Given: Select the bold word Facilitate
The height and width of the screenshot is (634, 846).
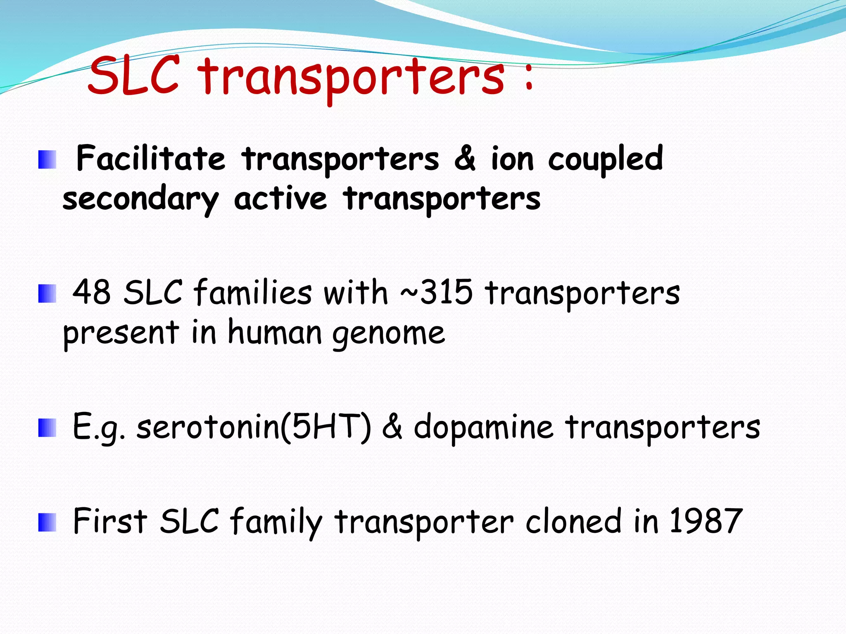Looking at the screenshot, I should point(151,159).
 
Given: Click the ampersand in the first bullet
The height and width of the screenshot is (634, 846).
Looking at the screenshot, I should point(465,159).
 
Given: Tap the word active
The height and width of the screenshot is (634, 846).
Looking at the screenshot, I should point(280,199).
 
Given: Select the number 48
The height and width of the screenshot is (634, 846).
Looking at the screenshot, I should point(92,292).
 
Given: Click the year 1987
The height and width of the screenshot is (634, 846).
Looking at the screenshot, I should point(706,521).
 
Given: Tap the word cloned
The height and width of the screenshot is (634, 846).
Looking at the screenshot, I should point(573,521).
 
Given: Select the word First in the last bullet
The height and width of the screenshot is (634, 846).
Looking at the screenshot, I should point(110,521).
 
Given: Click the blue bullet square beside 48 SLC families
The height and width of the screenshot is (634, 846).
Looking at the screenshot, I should point(47,293).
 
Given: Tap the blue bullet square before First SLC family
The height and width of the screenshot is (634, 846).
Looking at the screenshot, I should point(47,523).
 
